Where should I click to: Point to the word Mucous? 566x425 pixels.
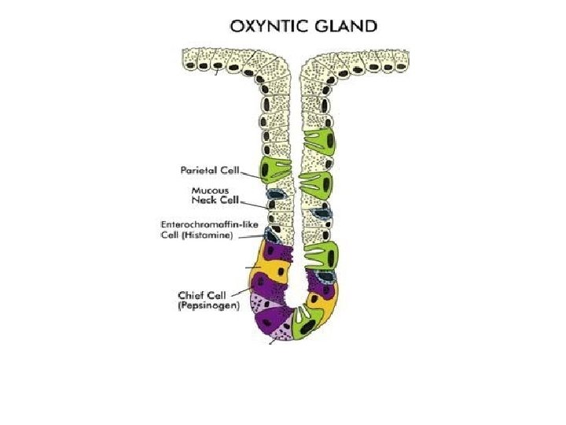coord(211,190)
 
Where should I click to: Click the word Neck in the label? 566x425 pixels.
coord(203,199)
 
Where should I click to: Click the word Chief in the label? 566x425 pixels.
coord(192,295)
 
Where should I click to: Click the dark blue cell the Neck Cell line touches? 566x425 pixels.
coord(276,196)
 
